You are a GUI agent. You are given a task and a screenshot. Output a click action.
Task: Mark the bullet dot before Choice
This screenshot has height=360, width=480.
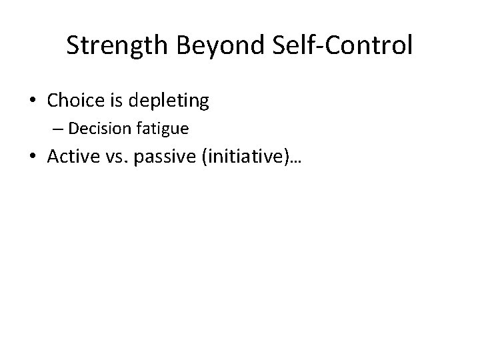pyautogui.click(x=32, y=102)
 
